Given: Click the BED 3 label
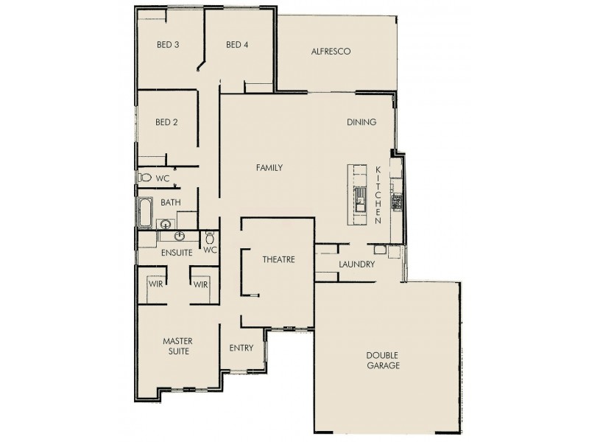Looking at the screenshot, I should point(168,45).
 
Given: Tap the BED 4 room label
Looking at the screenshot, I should point(237,45).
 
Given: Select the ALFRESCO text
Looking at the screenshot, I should point(330,52).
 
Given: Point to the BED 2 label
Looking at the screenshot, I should point(167,122).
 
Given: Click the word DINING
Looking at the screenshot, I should point(361,122).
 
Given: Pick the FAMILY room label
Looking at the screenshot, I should point(269,168).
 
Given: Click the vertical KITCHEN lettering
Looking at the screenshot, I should point(378,195).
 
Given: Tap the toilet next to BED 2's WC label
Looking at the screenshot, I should point(145,178).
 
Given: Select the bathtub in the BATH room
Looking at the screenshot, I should point(144,214).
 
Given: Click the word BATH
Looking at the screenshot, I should point(171,203).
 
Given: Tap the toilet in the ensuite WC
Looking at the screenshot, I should point(210,238).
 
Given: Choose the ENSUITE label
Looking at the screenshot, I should point(177,253).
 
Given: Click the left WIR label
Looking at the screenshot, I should point(155,284).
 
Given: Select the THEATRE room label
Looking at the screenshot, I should point(278,260).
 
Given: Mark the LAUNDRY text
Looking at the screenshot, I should point(357,264).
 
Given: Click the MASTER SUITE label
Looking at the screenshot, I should point(177,346).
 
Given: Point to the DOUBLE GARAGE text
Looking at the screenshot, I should point(383,359).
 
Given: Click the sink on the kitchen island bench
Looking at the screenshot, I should point(361,197).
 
